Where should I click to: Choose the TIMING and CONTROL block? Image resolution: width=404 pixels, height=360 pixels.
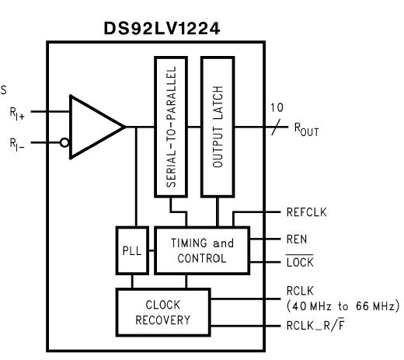click(x=201, y=250)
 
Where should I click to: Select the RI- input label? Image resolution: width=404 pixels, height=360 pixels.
click(x=18, y=143)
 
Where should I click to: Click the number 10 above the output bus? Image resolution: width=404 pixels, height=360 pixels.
click(x=277, y=107)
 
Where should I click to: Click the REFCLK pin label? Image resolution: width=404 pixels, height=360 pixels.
click(x=308, y=211)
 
